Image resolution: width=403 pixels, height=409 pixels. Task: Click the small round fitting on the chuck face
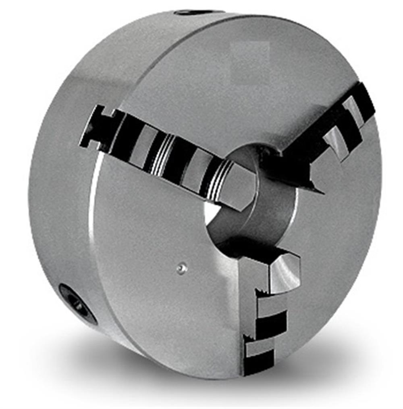182,269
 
